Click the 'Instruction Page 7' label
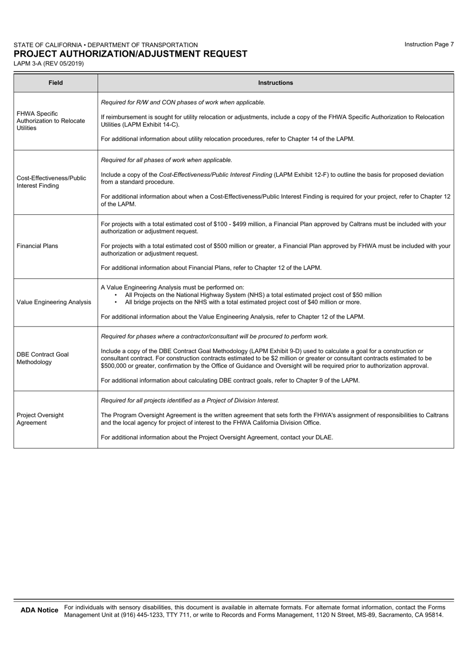pos(429,44)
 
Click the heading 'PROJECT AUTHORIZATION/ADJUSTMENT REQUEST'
pos(131,54)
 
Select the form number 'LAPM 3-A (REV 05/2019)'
pos(48,64)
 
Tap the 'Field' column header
pos(56,83)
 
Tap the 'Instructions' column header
pos(275,83)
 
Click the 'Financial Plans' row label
pos(37,246)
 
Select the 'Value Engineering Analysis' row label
pos(54,302)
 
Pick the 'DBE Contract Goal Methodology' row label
pos(43,358)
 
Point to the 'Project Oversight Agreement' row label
pos(40,419)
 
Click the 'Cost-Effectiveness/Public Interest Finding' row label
pos(51,182)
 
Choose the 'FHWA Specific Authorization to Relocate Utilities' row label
pos(51,121)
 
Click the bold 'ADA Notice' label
pos(39,610)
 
